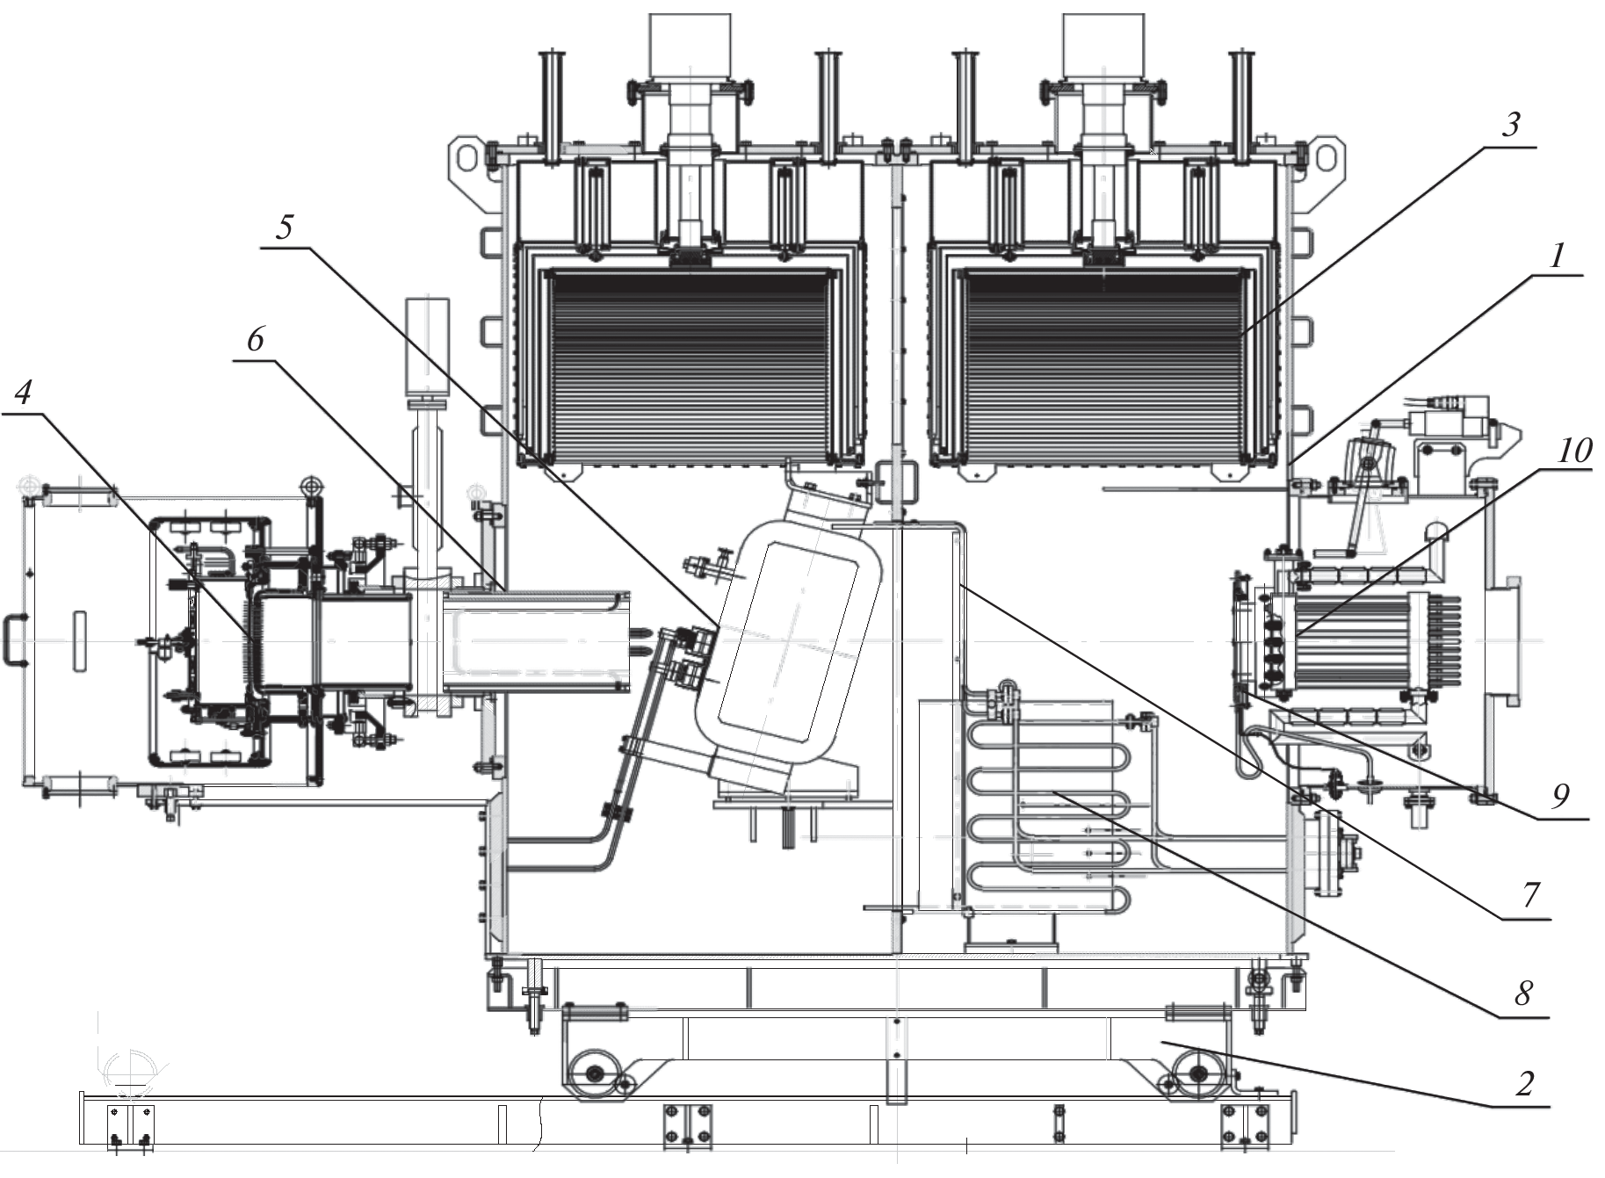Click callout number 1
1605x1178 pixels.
(x=1556, y=257)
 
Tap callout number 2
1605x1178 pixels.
(x=1524, y=1083)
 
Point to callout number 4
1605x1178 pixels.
(x=23, y=392)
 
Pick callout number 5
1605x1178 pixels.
(x=284, y=228)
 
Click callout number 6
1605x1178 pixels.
(x=256, y=339)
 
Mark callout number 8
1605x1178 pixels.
(x=1523, y=993)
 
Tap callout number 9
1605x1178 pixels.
(x=1560, y=796)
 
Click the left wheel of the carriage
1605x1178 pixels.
(x=591, y=1075)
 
